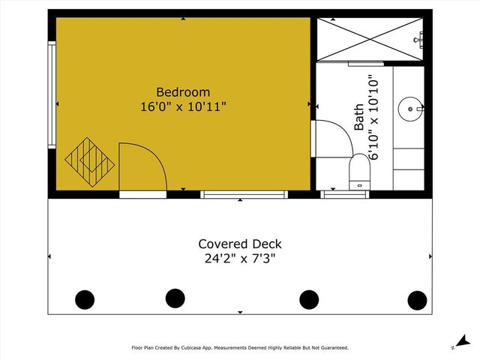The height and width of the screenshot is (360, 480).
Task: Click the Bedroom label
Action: point(183,92)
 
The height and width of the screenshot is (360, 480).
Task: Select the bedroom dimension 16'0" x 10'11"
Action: point(183,106)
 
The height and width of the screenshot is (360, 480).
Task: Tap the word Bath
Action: point(358,118)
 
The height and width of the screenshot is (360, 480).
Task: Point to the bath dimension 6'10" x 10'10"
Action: point(374,115)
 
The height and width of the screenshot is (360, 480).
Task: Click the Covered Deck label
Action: point(240,244)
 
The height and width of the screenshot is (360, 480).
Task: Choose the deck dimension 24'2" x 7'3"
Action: point(240,259)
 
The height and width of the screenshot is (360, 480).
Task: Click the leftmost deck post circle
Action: point(85,299)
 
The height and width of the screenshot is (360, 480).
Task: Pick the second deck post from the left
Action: point(175,298)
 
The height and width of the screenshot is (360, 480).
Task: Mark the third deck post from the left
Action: point(309,299)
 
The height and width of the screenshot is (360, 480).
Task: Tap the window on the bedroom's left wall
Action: point(52,95)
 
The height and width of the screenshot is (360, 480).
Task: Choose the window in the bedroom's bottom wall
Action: point(244,194)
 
